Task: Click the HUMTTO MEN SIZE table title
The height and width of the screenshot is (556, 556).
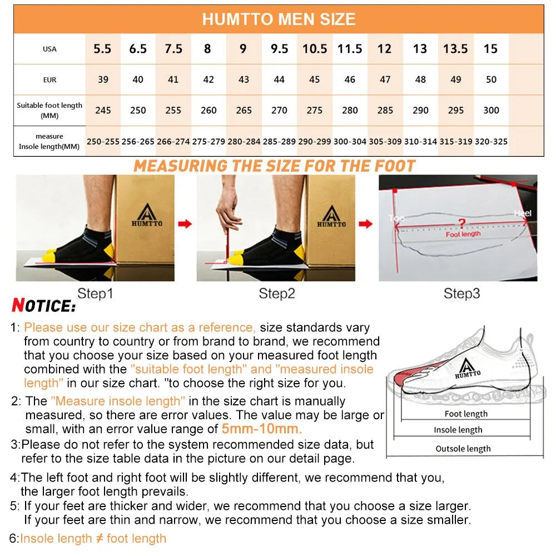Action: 279,19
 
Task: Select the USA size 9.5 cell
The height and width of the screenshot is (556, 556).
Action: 279,49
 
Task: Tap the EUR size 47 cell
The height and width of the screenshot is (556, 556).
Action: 385,80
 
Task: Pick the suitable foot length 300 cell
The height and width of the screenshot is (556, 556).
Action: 491,110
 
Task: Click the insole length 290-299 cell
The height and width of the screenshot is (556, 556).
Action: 314,142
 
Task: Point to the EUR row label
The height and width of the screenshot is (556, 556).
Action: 49,80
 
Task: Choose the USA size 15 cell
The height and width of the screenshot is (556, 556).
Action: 490,49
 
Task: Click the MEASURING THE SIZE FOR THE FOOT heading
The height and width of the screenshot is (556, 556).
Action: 274,166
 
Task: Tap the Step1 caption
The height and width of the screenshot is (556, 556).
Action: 95,293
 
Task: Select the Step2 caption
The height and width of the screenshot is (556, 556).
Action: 276,293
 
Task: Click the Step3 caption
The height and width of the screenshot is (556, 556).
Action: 461,293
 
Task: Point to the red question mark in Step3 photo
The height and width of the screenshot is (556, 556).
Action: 461,224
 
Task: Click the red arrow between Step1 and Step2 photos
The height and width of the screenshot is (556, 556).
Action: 185,224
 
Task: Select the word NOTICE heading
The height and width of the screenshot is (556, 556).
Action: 43,306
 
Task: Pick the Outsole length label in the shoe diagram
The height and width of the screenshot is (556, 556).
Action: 463,449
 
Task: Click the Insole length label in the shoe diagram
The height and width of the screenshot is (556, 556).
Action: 458,430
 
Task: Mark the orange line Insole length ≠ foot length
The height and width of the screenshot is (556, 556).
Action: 93,538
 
